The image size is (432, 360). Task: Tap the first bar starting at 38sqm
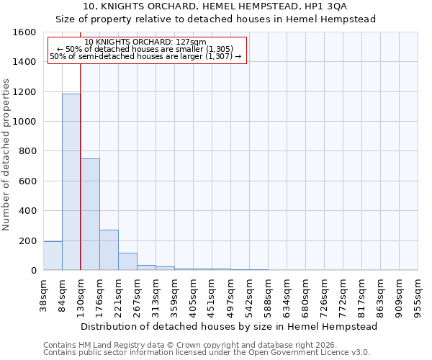click(x=53, y=256)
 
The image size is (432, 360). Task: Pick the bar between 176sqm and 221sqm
click(x=109, y=250)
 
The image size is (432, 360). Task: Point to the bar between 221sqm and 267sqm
click(x=127, y=261)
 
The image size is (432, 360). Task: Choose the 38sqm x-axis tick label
click(x=44, y=293)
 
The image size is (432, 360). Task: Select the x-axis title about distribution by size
click(x=230, y=326)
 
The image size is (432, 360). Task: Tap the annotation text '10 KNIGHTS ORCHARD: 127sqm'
click(x=145, y=42)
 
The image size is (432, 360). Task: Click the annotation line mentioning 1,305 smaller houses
click(x=146, y=49)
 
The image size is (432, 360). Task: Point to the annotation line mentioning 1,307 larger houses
click(x=146, y=56)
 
